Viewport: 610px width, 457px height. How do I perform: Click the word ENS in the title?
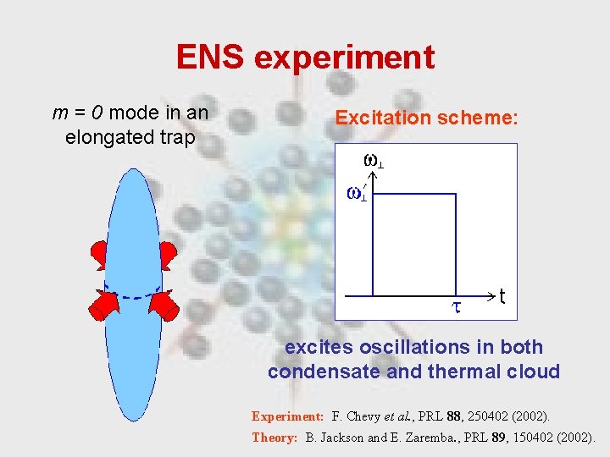coord(210,58)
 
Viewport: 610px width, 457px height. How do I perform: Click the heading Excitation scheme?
coord(426,118)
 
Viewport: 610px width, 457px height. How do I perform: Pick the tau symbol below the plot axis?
coord(455,307)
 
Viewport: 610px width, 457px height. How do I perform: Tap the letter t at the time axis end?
coord(502,297)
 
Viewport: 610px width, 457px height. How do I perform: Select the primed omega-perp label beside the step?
coord(358,193)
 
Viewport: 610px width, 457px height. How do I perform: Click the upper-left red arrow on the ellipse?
coord(100,253)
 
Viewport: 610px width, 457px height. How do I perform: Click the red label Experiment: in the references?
coord(288,416)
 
